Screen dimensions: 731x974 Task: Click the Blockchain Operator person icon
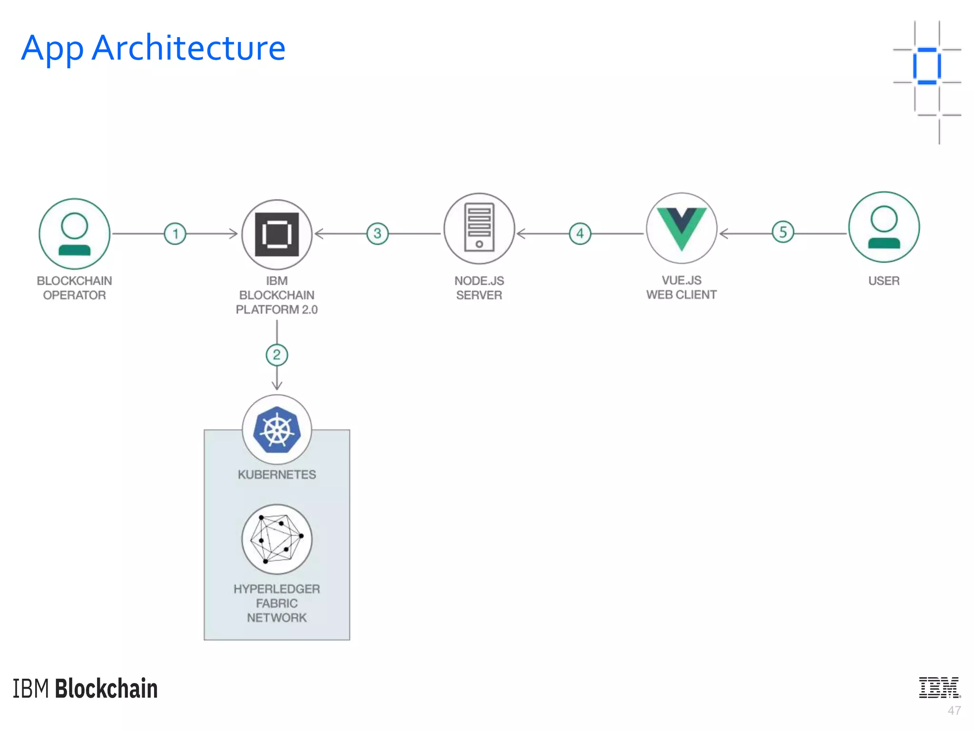click(74, 234)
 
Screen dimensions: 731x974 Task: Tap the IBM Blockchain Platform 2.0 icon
click(277, 234)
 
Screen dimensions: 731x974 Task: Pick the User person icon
click(884, 227)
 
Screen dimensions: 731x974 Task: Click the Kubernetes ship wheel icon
click(277, 429)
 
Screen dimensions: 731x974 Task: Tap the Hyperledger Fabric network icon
click(277, 539)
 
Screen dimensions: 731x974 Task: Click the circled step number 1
click(175, 234)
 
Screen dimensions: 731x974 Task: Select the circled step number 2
click(277, 355)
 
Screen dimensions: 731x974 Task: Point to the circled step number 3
click(378, 234)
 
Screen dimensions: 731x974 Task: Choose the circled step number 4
click(580, 234)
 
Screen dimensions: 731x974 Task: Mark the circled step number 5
click(783, 232)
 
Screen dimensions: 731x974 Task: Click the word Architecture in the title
click(188, 48)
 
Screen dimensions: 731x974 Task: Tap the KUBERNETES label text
click(277, 474)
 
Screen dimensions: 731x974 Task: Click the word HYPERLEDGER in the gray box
click(277, 589)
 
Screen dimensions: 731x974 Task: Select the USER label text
click(884, 281)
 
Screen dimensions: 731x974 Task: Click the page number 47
click(954, 711)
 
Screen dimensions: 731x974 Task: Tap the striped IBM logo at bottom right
click(939, 688)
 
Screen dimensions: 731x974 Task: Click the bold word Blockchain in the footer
click(106, 689)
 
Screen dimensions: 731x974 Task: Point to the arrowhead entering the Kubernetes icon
click(277, 386)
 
